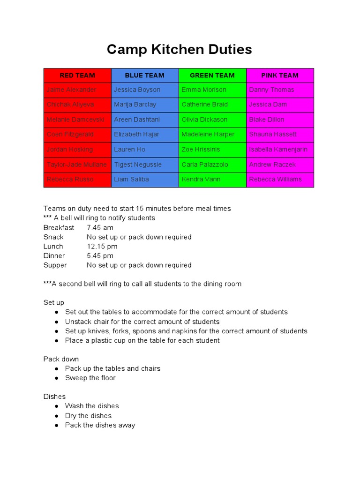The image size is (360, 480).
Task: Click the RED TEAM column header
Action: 77,75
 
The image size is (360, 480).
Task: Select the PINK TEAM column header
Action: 280,75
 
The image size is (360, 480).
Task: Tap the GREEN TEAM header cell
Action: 212,75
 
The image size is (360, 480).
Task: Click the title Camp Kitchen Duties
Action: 179,49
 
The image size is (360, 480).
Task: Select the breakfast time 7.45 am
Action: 100,228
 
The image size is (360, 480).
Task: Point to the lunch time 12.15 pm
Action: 102,247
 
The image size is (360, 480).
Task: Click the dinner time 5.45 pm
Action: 100,256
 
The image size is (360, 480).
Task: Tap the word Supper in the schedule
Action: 55,265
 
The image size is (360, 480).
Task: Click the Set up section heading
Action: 54,303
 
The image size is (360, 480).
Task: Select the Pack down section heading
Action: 61,359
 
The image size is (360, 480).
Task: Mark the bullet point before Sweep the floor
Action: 57,378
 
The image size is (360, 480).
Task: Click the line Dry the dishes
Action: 88,416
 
